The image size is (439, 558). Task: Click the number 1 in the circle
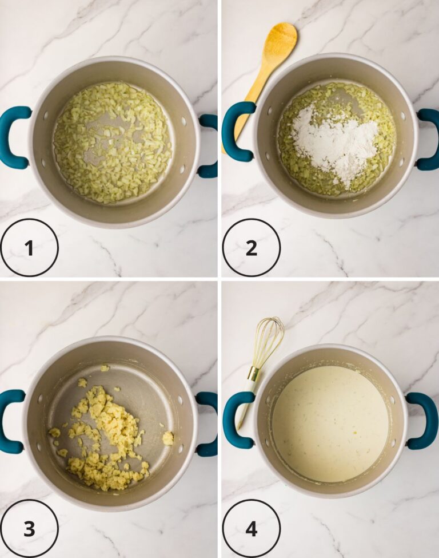pos(29,248)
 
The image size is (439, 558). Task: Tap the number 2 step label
pos(252,248)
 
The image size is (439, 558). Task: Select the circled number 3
pos(29,529)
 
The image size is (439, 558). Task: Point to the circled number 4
pos(252,529)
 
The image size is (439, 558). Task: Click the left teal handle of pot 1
pos(14,137)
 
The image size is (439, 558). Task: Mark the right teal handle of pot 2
pos(428,140)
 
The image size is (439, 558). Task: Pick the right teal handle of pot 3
pos(208,424)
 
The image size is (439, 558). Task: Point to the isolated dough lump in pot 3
pos(168,438)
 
